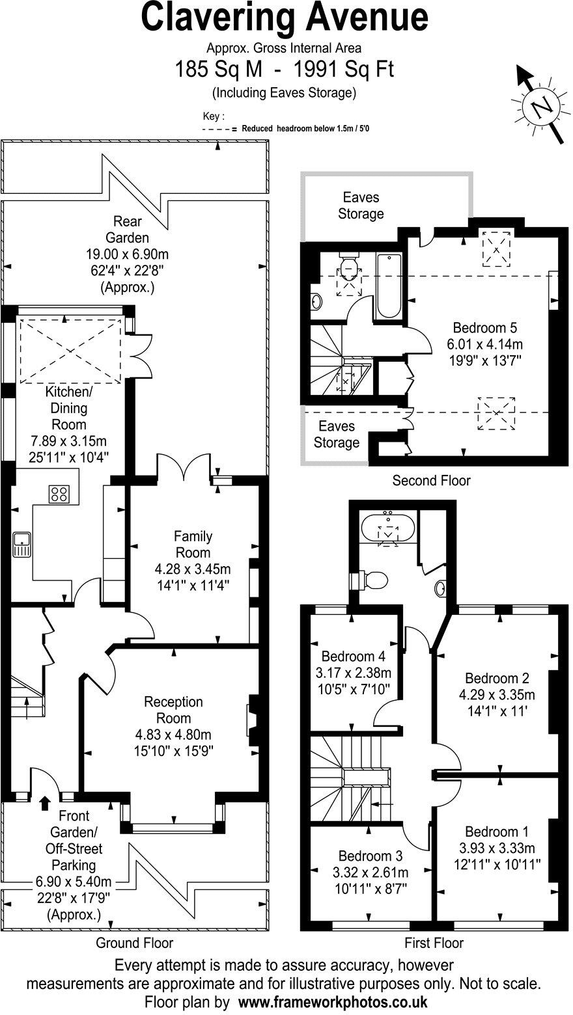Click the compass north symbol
[x=540, y=105]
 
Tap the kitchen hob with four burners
[x=59, y=494]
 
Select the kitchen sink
[x=21, y=544]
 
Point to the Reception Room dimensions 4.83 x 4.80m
[x=173, y=735]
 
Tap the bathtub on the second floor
[x=389, y=286]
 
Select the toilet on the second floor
[x=350, y=267]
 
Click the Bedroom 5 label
[x=485, y=327]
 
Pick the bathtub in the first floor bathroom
[x=389, y=528]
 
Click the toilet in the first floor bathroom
[x=372, y=578]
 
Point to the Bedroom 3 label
[x=370, y=856]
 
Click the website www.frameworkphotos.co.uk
[x=332, y=1001]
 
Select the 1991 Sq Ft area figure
[x=344, y=68]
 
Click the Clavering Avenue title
[x=285, y=18]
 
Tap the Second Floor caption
[x=430, y=481]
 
